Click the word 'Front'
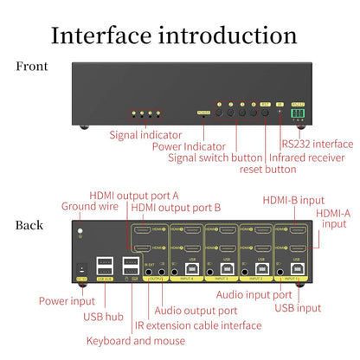[x=32, y=67]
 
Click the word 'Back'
[x=29, y=226]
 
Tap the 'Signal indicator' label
[x=145, y=134]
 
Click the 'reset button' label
[x=268, y=169]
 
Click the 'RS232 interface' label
[x=317, y=144]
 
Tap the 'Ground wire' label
[x=89, y=207]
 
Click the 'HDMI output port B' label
[x=177, y=208]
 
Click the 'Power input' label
[x=67, y=301]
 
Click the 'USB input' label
[x=297, y=308]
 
